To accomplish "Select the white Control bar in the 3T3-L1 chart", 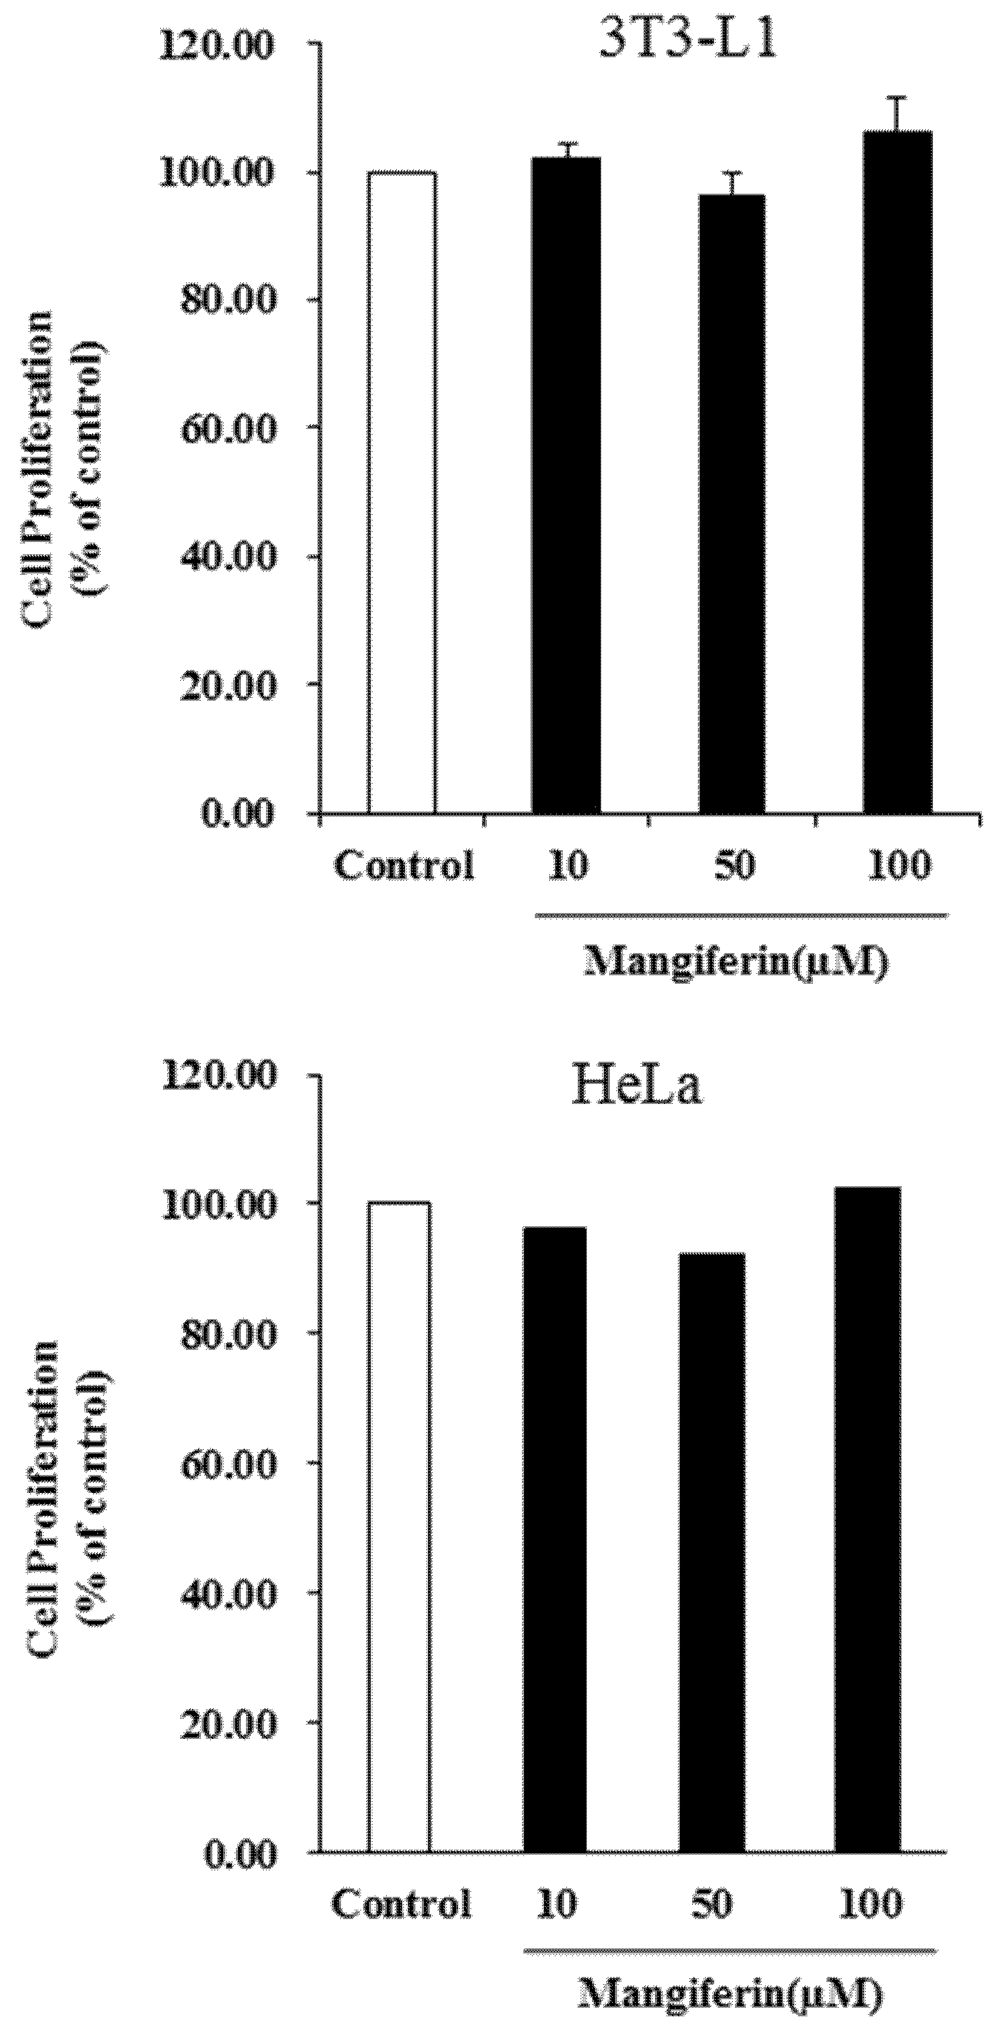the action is [401, 493].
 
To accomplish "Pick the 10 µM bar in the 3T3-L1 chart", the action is [566, 485].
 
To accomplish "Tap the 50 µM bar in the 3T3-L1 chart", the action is [732, 503].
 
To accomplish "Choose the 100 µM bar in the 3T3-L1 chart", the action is [898, 472].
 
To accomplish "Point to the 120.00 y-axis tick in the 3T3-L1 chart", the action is [227, 46].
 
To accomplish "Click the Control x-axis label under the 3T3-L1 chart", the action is [405, 867].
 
